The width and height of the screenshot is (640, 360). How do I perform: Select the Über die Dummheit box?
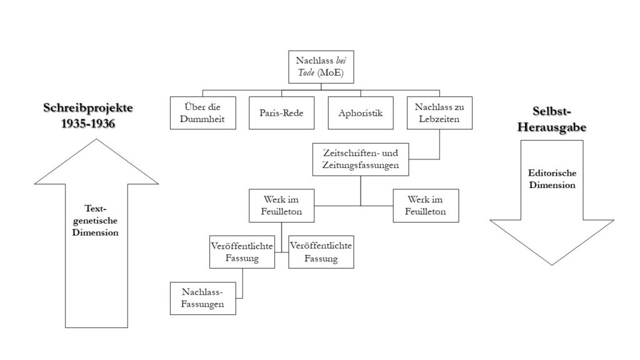pyautogui.click(x=202, y=112)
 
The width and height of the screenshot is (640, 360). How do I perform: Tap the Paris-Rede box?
pyautogui.click(x=281, y=113)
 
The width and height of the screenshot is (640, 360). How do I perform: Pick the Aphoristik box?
pyautogui.click(x=360, y=113)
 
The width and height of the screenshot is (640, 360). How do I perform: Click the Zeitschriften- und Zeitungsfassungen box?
pyautogui.click(x=360, y=159)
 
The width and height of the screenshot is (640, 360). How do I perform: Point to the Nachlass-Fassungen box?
pyautogui.click(x=202, y=297)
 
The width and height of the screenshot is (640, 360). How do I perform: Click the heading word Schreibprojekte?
pyautogui.click(x=88, y=108)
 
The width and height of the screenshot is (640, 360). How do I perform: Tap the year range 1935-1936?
pyautogui.click(x=88, y=123)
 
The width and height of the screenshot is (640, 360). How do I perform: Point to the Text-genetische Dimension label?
pyautogui.click(x=96, y=221)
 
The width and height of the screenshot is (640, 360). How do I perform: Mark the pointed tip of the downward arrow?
pyautogui.click(x=542, y=264)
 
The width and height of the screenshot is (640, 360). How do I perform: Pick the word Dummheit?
pyautogui.click(x=202, y=118)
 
